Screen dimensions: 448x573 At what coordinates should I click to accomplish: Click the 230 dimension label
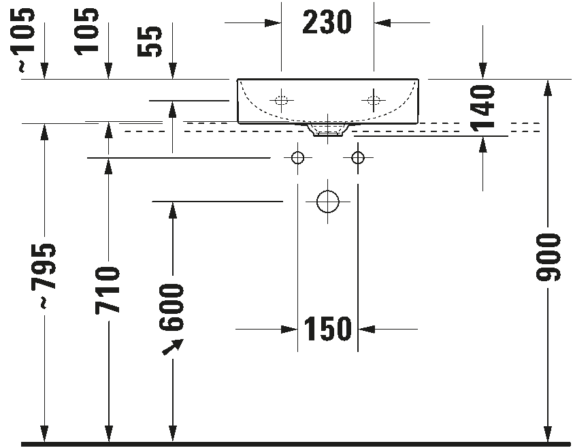point(327,22)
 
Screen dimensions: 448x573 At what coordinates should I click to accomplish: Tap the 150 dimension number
point(328,330)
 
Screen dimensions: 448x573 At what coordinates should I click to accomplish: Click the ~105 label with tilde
point(24,39)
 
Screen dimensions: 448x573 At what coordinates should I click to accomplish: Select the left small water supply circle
point(297,158)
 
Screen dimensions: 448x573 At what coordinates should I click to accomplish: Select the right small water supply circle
point(358,158)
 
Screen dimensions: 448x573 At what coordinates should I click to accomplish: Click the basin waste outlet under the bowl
point(327,129)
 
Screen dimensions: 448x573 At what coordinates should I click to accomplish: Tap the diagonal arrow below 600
point(174,347)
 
